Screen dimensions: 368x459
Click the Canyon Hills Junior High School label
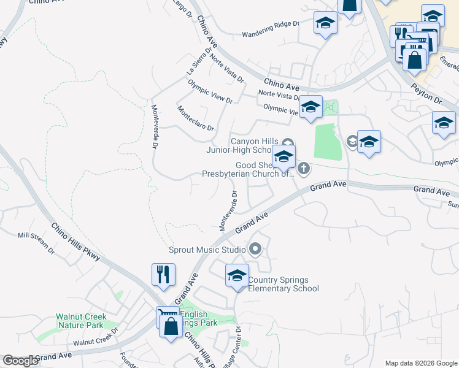(x=250, y=145)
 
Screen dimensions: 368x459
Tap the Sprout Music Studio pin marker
(x=255, y=250)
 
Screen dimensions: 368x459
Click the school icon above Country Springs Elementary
(x=237, y=275)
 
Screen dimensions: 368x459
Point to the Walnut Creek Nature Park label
(x=82, y=321)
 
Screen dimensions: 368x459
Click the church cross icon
(x=304, y=167)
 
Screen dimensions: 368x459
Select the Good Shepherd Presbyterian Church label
(x=249, y=169)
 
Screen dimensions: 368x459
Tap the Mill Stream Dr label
(x=36, y=242)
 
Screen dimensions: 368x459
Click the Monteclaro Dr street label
(x=195, y=120)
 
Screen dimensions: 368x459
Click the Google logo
(x=20, y=361)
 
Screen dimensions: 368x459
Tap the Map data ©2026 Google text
(x=421, y=363)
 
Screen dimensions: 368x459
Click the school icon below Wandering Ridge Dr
(x=325, y=24)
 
